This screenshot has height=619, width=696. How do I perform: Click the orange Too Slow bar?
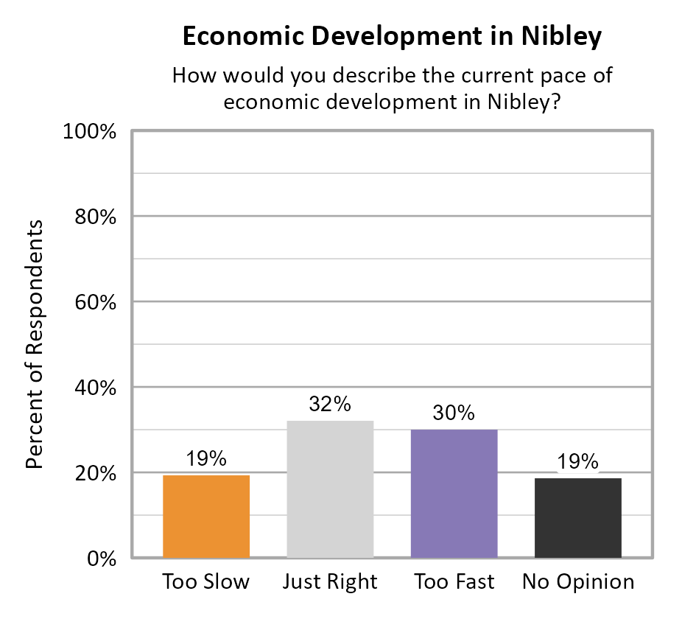coord(205,516)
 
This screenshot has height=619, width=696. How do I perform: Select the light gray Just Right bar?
coord(330,489)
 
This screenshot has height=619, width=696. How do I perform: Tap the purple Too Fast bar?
coord(454,493)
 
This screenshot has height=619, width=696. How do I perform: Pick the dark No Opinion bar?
coord(578,517)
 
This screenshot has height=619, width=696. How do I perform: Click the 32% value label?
coord(330,405)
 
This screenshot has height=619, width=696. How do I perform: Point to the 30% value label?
coord(454,413)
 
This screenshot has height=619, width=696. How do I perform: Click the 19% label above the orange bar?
coord(205,459)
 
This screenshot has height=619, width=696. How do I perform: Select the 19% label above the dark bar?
coord(578,462)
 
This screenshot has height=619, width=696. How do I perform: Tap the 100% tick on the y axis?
coord(92,132)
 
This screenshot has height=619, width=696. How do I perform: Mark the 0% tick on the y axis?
coord(102,559)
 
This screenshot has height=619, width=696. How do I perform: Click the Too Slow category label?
coord(205,582)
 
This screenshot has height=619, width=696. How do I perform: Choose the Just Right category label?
coord(330,582)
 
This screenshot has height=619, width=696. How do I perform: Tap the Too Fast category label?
coord(454,582)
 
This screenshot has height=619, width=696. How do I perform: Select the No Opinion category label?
coord(578,582)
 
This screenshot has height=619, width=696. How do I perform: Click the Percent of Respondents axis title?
coord(35,344)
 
